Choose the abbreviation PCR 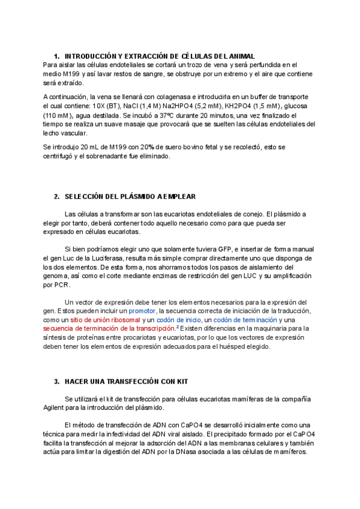coord(61,285)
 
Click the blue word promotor coord(141,311)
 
